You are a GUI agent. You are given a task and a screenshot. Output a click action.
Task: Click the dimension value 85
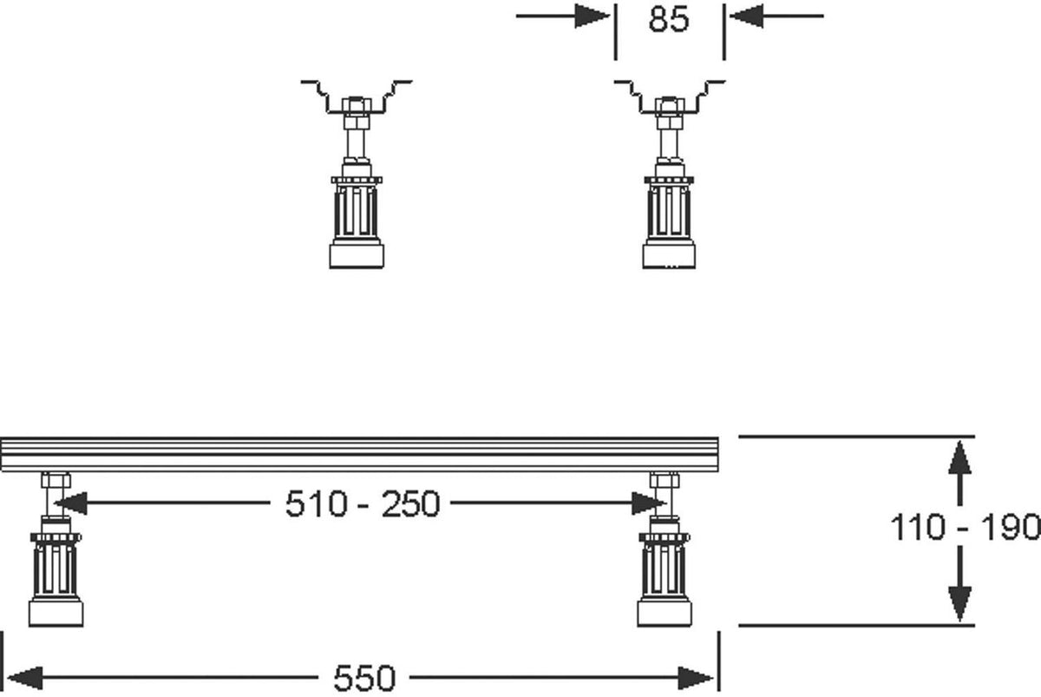point(669,21)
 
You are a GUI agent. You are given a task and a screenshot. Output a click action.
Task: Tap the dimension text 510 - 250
point(363,504)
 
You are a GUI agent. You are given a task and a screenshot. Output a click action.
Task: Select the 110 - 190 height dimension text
point(965,527)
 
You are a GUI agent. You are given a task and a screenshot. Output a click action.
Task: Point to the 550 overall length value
point(364,679)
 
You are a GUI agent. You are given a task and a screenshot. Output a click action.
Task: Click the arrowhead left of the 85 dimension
point(592,16)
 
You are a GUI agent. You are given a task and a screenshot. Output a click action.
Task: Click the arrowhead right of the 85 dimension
point(747,16)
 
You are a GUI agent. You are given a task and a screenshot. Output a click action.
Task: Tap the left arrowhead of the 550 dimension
point(25,678)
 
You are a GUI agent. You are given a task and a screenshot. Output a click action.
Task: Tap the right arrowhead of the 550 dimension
point(695,678)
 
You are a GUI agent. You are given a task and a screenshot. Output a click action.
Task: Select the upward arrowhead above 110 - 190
point(959,458)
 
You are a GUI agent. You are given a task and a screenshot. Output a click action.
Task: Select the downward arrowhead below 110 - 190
point(959,604)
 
